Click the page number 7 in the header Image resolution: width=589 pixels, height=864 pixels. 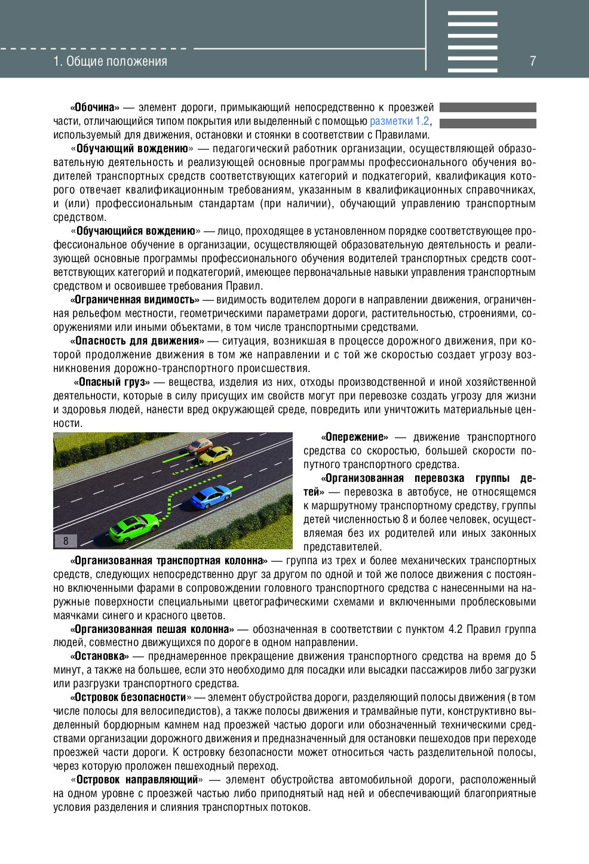532,61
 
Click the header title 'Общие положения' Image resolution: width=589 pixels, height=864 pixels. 110,61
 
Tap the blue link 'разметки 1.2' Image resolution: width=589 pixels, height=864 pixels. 400,121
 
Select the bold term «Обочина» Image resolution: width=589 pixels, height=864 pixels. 95,107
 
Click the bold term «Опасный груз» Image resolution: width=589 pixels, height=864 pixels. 112,382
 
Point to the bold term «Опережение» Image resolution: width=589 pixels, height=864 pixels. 354,437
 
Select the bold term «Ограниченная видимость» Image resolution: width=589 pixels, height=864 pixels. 135,300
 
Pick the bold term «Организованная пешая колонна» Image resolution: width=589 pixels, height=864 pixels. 152,629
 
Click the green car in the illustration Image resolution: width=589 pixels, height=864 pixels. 133,527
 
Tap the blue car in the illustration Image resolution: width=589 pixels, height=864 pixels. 211,496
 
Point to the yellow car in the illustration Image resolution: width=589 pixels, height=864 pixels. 215,455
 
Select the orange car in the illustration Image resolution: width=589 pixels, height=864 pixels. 200,445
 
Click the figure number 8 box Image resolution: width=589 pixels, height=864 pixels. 66,541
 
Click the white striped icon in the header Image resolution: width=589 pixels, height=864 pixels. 473,41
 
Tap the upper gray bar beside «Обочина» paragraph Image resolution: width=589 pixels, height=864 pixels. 487,107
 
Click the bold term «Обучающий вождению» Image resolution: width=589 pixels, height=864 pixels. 133,149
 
